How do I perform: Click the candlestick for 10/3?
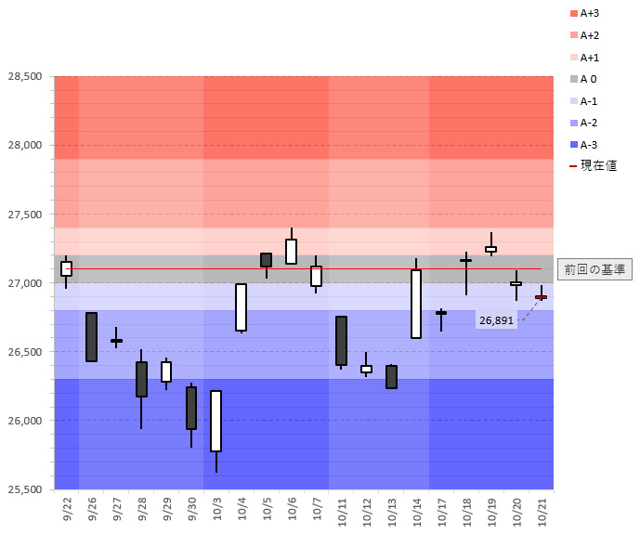pos(216,421)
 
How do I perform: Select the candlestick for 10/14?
pos(416,304)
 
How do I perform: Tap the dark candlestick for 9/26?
pos(92,336)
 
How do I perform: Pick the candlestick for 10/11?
pos(341,341)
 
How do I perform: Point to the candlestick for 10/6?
pos(291,252)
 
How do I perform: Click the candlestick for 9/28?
pos(141,379)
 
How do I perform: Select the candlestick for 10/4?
pos(241,307)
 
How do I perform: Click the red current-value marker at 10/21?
pos(541,297)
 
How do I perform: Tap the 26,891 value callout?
pos(496,320)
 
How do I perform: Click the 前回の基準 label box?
pos(594,269)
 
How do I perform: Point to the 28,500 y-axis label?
pos(23,76)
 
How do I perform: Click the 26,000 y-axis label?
pos(23,421)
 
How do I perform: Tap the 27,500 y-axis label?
pos(23,215)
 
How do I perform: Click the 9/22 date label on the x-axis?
pos(67,510)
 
